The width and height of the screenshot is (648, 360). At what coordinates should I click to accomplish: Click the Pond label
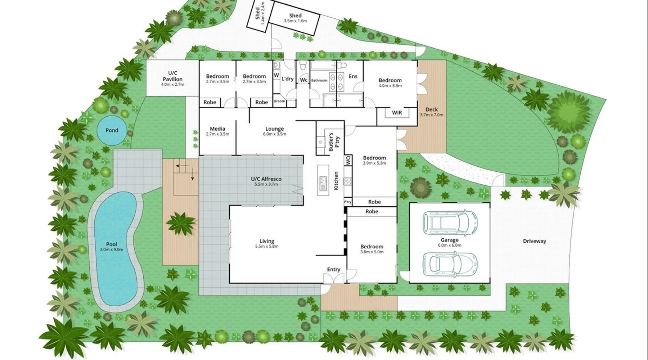(x=112, y=130)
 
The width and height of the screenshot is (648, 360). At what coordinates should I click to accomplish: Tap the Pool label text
(x=112, y=244)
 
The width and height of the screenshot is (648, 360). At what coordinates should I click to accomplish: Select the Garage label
(x=450, y=240)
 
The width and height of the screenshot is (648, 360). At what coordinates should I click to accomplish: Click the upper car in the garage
(x=450, y=220)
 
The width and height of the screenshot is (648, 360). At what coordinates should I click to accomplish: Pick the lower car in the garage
(x=450, y=264)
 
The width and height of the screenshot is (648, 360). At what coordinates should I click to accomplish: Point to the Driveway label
(x=535, y=241)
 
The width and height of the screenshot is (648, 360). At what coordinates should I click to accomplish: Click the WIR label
(x=397, y=113)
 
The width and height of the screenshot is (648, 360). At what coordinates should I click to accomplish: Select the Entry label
(x=333, y=269)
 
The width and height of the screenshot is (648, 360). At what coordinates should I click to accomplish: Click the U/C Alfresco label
(x=266, y=179)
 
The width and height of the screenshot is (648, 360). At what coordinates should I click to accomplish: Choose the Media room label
(x=217, y=129)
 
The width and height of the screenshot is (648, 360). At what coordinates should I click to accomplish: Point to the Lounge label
(x=274, y=129)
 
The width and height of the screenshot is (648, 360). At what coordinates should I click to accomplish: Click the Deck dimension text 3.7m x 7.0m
(x=432, y=115)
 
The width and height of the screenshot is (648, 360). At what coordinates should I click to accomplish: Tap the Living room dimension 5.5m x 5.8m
(x=267, y=247)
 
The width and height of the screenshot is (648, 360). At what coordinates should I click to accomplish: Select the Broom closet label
(x=279, y=101)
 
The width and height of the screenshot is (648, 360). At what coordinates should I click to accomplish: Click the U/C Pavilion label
(x=173, y=76)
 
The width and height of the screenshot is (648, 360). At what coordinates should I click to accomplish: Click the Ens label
(x=353, y=76)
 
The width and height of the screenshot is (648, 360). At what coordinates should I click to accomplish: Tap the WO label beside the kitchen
(x=348, y=161)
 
